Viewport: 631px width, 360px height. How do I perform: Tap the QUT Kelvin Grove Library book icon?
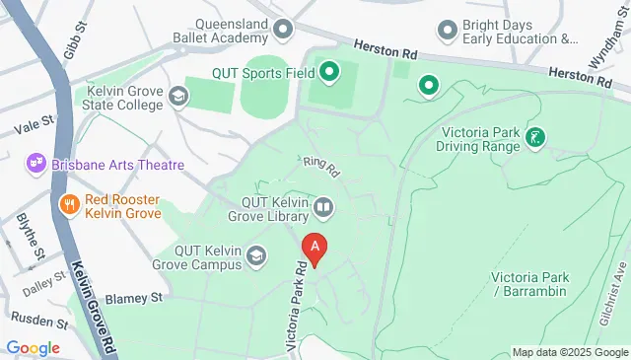coord(323,207)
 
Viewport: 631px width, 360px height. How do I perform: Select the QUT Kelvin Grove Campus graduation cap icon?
coord(257,256)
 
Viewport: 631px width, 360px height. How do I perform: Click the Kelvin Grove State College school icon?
coord(177,96)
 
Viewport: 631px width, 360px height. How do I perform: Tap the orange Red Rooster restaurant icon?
coord(68,205)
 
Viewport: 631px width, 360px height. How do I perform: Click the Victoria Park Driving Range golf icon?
coord(535,137)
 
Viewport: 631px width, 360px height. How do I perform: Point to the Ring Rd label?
coord(321,167)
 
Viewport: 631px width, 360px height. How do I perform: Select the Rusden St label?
coord(36,319)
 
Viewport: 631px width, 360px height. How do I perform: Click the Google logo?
coord(33,347)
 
